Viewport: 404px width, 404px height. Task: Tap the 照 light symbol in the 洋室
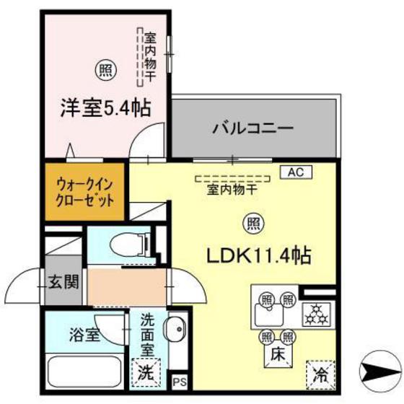[x=105, y=70]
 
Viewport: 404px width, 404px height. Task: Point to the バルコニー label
[x=252, y=129]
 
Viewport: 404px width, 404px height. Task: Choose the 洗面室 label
[x=146, y=333]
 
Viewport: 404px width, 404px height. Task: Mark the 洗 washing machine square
[x=146, y=374]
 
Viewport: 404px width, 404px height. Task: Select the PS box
[x=179, y=381]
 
